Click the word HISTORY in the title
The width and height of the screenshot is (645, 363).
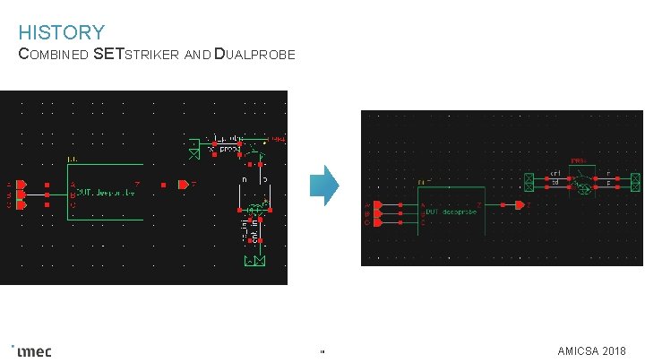(x=61, y=33)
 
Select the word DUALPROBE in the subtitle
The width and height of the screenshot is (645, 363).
(x=255, y=55)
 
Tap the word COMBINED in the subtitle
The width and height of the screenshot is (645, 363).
(x=54, y=55)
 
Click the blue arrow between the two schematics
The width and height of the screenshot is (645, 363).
(x=323, y=186)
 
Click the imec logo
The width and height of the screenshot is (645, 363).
(x=33, y=350)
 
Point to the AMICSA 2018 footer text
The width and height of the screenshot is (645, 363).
(x=591, y=350)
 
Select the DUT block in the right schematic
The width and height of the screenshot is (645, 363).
(x=451, y=212)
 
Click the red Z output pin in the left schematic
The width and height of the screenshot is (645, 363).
(x=183, y=185)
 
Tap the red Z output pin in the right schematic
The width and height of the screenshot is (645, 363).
(x=520, y=205)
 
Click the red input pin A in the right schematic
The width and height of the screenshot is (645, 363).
(x=377, y=205)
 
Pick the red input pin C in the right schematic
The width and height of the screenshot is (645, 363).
(x=377, y=220)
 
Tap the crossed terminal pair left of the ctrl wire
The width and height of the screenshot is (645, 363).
(x=529, y=182)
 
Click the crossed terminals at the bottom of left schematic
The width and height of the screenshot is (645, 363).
(x=254, y=261)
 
